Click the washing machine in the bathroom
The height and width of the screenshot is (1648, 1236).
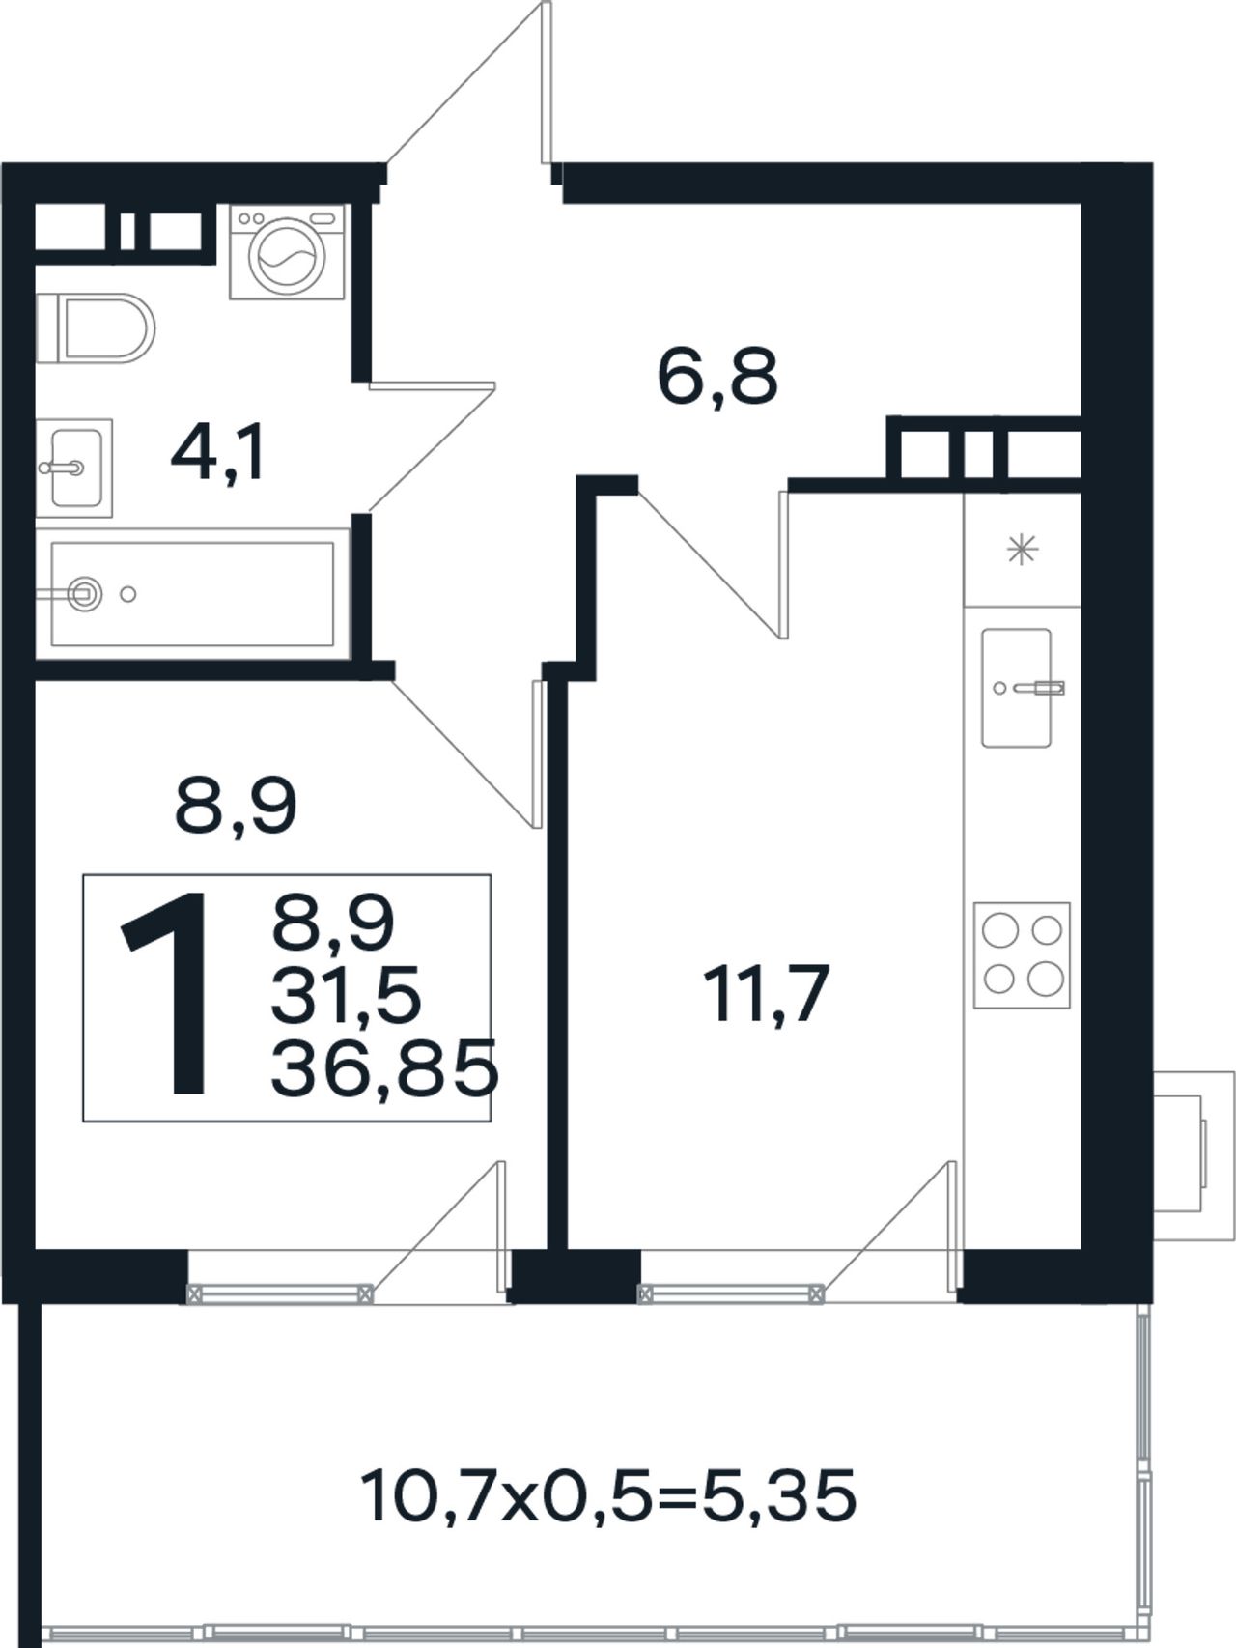click(288, 251)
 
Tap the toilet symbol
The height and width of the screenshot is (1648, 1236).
click(96, 328)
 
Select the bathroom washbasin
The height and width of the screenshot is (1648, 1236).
click(74, 469)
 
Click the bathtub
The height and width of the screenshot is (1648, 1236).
click(192, 594)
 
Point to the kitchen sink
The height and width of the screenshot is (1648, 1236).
click(1017, 688)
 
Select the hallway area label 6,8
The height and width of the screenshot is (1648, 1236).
click(716, 377)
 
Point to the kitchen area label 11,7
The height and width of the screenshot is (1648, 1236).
click(767, 994)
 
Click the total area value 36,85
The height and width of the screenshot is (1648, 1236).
click(383, 1069)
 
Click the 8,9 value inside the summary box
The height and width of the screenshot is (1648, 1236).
click(333, 922)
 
